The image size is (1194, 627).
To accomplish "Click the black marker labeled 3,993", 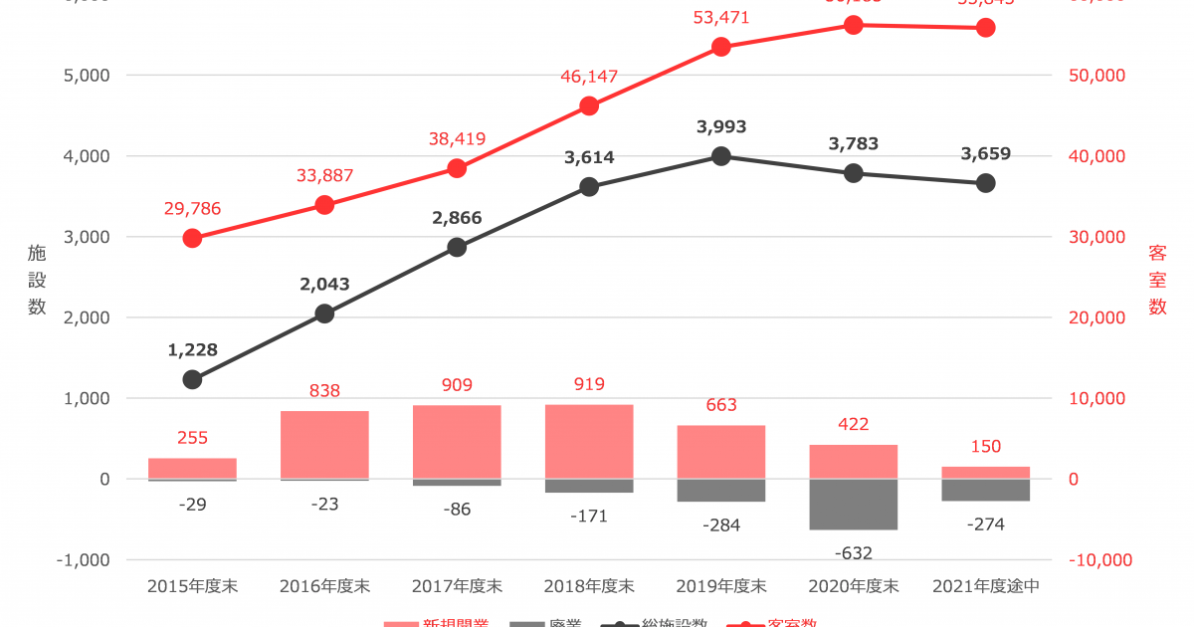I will pyautogui.click(x=721, y=155).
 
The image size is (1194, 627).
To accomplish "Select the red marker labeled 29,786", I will pyautogui.click(x=192, y=238).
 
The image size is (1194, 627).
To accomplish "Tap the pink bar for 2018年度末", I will pyautogui.click(x=589, y=442).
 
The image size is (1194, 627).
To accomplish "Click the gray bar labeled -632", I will pyautogui.click(x=854, y=505).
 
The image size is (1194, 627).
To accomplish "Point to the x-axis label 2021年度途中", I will pyautogui.click(x=986, y=586).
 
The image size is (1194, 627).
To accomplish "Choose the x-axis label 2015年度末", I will pyautogui.click(x=192, y=586).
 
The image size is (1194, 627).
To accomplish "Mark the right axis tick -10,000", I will pyautogui.click(x=1100, y=560).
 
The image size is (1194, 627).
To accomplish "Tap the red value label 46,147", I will pyautogui.click(x=589, y=76).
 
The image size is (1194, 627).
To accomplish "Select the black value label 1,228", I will pyautogui.click(x=192, y=349).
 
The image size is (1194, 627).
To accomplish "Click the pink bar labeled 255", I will pyautogui.click(x=192, y=469).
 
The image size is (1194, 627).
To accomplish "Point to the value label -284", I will pyautogui.click(x=721, y=524).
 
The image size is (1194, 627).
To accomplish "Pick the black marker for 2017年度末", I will pyautogui.click(x=457, y=247).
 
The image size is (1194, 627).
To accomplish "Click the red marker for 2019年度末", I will pyautogui.click(x=721, y=47).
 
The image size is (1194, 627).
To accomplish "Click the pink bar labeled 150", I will pyautogui.click(x=986, y=473).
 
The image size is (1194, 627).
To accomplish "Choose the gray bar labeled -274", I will pyautogui.click(x=986, y=490).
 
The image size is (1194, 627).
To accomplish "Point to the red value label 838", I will pyautogui.click(x=324, y=391).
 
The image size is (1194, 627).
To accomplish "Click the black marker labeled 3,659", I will pyautogui.click(x=986, y=183).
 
